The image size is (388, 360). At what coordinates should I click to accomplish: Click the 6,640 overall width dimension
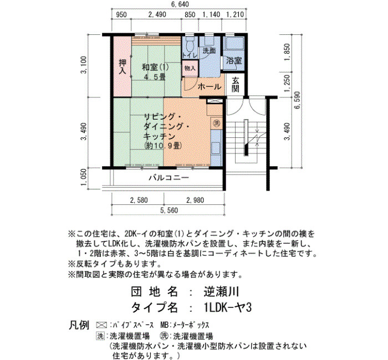(180, 4)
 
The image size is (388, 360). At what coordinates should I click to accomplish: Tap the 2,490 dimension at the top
(157, 14)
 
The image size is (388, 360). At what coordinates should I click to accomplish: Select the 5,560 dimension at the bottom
(169, 210)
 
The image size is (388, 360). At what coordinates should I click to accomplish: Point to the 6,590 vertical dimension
(297, 100)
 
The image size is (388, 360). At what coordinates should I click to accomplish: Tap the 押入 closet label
(122, 66)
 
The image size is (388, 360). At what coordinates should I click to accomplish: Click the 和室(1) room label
(155, 67)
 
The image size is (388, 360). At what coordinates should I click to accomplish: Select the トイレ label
(190, 55)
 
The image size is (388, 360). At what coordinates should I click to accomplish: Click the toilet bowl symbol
(190, 44)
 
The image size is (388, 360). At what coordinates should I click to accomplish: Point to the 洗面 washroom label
(209, 51)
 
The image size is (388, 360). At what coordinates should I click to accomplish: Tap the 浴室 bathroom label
(234, 60)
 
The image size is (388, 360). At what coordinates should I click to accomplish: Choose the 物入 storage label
(190, 68)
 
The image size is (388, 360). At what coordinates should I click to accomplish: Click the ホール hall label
(210, 86)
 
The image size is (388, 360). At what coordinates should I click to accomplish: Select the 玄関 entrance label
(236, 84)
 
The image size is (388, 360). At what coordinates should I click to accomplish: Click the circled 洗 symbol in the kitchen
(217, 123)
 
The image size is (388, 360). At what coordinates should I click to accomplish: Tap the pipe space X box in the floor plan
(212, 101)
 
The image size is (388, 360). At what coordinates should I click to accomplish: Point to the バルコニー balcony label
(169, 178)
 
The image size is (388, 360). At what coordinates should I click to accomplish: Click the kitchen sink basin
(216, 148)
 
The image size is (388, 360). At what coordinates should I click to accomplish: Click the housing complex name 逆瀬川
(222, 292)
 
